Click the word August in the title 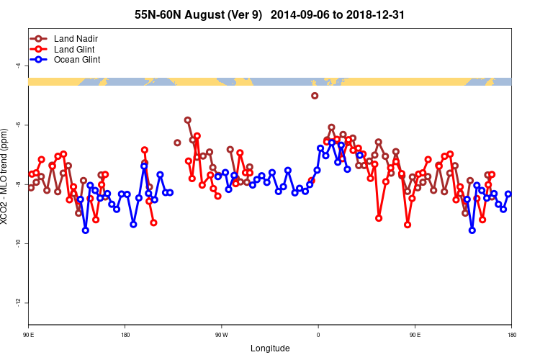coord(203,14)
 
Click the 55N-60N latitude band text coord(158,14)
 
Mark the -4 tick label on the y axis coord(17,66)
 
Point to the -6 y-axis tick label coord(17,125)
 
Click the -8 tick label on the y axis coord(17,184)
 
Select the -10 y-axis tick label coord(17,244)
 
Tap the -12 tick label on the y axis coord(17,303)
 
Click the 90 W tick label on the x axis coord(221,336)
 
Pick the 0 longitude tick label coord(318,336)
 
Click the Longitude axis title coord(270,348)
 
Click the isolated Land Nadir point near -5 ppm coord(315,96)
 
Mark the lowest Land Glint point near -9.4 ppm coord(408,225)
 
